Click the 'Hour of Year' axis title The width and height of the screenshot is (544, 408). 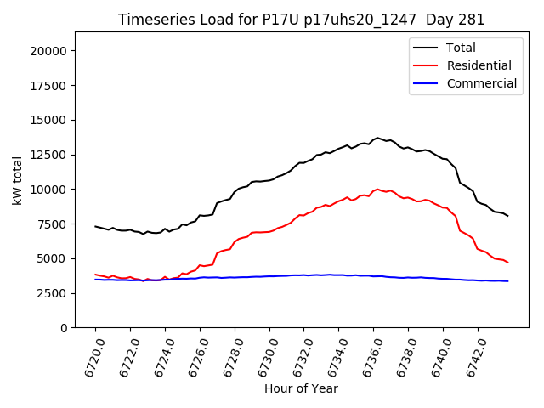point(301,388)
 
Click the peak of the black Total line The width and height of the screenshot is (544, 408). point(377,138)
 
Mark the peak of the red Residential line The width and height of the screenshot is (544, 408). point(377,190)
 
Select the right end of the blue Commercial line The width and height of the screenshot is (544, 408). point(508,281)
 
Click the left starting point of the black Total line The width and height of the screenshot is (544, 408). point(95,226)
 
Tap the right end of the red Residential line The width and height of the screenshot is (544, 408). point(508,263)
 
